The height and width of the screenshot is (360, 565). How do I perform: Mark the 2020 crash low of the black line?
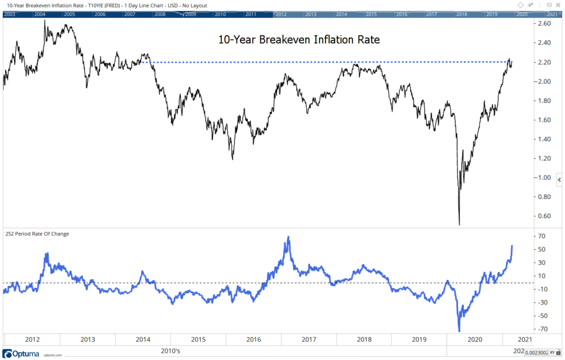tap(459, 224)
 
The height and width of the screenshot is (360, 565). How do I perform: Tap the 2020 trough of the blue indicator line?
tap(459, 331)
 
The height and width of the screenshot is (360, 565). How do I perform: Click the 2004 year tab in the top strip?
tap(39, 13)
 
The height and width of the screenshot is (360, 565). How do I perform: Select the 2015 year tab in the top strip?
tap(371, 13)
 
